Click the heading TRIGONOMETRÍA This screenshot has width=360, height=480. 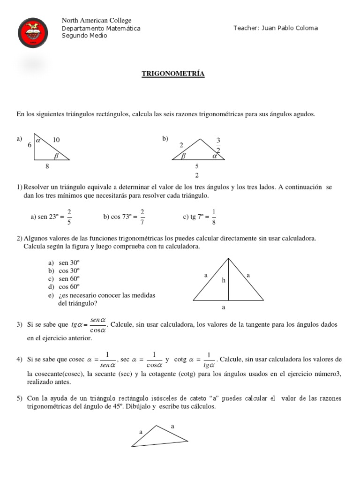(173, 74)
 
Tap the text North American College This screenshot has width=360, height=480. (97, 20)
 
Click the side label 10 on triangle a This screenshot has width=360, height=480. (56, 140)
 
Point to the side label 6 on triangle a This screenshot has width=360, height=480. (29, 145)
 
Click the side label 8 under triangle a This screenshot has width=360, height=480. (47, 166)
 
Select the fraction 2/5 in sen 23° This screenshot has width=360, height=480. (69, 217)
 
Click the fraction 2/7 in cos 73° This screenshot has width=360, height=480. (142, 217)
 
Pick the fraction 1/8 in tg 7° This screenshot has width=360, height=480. (214, 217)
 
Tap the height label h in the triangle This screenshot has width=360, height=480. (224, 280)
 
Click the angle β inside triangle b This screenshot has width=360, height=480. (184, 155)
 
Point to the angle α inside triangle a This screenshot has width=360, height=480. (38, 140)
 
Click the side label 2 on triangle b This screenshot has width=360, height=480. (181, 146)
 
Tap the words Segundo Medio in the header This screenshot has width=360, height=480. (84, 36)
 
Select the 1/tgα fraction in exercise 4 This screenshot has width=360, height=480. (209, 360)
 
